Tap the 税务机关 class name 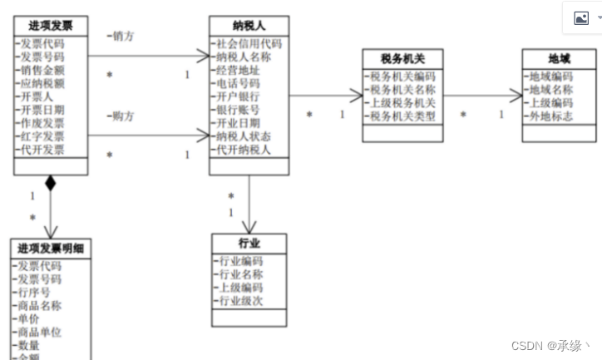coord(403,59)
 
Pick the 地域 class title coord(559,59)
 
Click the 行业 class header coord(249,243)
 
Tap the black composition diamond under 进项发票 coord(51,183)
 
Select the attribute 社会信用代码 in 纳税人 coord(249,43)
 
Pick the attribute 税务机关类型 coord(402,116)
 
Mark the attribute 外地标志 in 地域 coord(550,116)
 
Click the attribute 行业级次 coord(240,300)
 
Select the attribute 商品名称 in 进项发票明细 coord(40,305)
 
